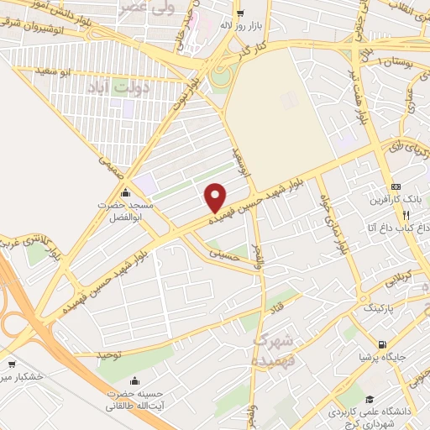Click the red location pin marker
(216, 197)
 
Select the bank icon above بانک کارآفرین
(396, 186)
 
